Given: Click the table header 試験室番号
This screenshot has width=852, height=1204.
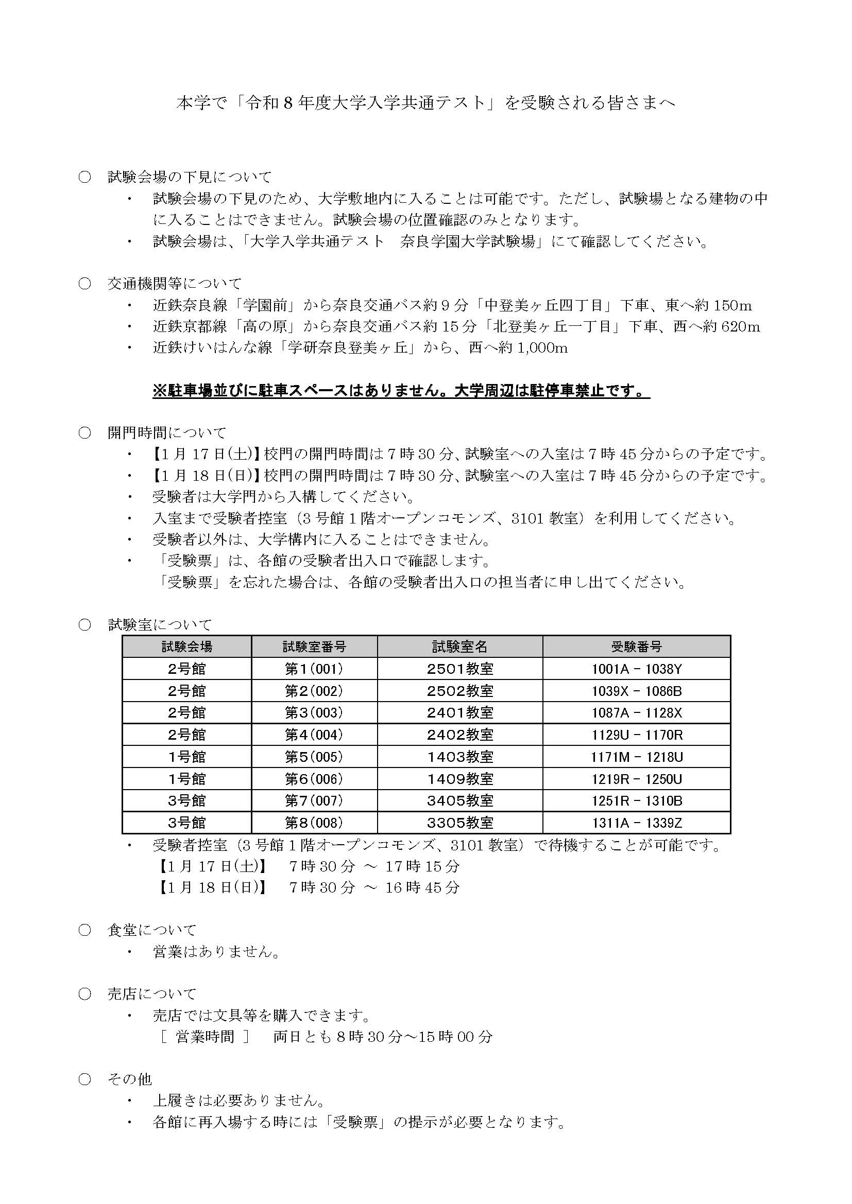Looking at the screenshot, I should pos(314,647).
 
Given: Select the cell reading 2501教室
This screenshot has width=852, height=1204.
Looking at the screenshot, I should pos(460,669).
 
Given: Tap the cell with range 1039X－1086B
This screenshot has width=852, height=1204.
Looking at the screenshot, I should pos(636,691).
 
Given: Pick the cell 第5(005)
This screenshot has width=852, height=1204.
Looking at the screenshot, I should pos(314,757).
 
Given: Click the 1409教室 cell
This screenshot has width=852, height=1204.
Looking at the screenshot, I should pos(460,779).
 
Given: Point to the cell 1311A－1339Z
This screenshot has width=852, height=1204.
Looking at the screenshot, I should pos(636,823).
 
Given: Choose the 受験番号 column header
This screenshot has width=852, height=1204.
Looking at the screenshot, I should pos(636,647).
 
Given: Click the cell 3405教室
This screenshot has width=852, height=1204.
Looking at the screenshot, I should pos(460,801).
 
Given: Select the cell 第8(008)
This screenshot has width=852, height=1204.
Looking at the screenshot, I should pos(314,823).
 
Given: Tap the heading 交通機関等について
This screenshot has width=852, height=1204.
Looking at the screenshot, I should pos(175,284).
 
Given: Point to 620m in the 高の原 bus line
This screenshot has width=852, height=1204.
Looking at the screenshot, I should pos(740,327).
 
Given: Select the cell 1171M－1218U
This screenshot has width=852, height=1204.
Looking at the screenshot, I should pos(636,757).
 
